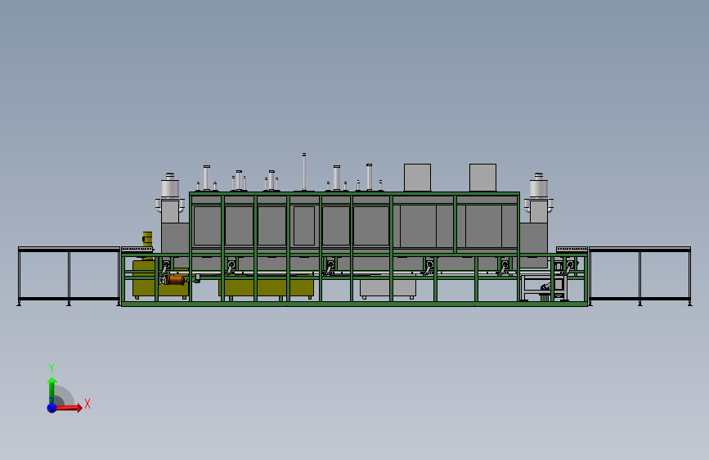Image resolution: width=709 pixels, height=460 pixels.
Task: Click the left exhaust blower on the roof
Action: [x=170, y=187]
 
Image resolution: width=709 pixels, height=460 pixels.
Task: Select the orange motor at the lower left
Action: [x=174, y=280]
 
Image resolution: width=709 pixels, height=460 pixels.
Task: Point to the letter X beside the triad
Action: [x=87, y=404]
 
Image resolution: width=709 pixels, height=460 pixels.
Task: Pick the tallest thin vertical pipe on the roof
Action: [x=303, y=172]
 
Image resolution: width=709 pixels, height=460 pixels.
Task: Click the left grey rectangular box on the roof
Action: [x=417, y=177]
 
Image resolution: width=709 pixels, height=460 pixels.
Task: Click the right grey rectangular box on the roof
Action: [x=482, y=177]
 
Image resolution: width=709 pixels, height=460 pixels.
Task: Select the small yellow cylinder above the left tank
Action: [x=147, y=239]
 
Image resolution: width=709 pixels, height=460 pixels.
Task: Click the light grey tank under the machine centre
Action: [x=388, y=288]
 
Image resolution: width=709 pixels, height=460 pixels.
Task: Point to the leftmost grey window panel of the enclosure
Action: [x=207, y=225]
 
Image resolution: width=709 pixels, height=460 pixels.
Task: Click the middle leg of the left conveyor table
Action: [x=69, y=277]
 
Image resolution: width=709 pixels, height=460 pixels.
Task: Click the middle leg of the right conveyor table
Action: [x=639, y=277]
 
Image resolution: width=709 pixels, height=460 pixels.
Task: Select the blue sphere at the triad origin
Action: [x=52, y=407]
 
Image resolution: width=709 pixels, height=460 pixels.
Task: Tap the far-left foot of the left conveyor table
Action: [x=19, y=304]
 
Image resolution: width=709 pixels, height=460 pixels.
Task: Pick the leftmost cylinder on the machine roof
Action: [x=206, y=178]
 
